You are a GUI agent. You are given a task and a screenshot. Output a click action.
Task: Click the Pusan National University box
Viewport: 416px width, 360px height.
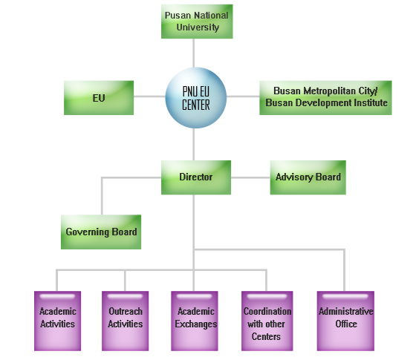pos(197,22)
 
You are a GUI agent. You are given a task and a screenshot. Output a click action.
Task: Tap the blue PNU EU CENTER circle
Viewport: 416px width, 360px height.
pos(196,98)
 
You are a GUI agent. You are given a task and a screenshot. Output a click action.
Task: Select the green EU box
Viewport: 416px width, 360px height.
pos(99,98)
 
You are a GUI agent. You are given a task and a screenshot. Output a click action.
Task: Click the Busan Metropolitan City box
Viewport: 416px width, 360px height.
pos(325,98)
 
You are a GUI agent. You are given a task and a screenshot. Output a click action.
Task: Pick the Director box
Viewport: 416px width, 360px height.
pos(196,177)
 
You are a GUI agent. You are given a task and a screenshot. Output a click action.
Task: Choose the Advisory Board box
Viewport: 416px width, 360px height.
pos(308,177)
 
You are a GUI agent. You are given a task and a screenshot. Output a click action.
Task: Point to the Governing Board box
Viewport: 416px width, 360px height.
pos(101,232)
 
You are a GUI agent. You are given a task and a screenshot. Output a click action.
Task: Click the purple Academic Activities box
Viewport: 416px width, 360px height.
pos(58,321)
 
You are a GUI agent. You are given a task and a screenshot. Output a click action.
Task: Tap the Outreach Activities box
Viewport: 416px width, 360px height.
pos(126,321)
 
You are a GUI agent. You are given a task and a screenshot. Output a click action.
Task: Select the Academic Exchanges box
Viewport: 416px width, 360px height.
pos(195,321)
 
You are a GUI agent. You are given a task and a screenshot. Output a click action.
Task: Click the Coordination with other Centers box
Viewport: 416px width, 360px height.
pos(267,321)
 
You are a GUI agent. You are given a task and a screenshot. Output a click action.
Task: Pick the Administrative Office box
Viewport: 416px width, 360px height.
pos(345,321)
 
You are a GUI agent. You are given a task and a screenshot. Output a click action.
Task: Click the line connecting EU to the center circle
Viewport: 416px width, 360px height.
pos(149,96)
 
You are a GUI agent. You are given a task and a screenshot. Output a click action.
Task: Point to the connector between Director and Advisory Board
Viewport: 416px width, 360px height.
pos(250,177)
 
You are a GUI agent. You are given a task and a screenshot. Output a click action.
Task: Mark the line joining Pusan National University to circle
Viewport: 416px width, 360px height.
pos(194,53)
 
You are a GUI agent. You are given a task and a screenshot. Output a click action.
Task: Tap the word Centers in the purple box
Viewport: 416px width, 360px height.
pos(266,336)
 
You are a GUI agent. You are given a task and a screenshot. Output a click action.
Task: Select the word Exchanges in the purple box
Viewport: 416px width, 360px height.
pos(196,324)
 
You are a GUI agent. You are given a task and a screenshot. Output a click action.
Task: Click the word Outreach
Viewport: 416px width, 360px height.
pos(126,311)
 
